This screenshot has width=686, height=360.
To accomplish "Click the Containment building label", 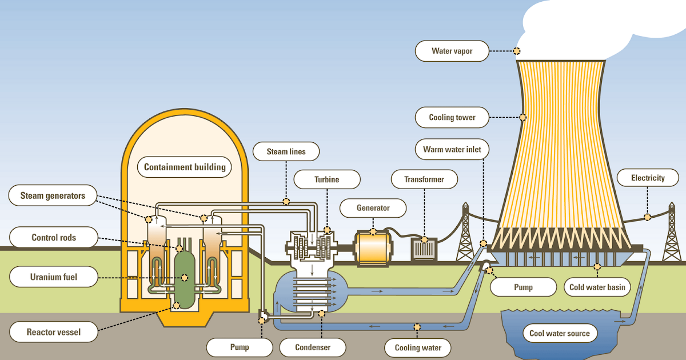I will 184,167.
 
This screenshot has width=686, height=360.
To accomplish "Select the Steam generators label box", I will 53,196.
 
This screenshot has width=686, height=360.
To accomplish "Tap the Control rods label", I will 53,237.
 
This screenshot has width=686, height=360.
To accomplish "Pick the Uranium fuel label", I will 53,278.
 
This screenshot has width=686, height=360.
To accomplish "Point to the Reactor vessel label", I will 53,331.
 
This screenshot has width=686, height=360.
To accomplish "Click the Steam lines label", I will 286,151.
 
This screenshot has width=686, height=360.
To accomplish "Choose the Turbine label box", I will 326,179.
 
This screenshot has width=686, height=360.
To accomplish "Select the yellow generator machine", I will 373,249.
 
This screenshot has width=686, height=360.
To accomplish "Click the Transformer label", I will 424,179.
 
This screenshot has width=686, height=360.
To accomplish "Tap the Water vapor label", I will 452,51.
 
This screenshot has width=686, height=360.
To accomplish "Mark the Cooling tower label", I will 452,118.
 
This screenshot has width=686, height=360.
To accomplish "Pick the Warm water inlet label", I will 452,150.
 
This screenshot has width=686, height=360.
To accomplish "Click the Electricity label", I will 648,178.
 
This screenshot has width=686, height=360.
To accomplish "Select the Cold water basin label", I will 597,287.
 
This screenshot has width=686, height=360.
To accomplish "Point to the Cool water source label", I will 559,333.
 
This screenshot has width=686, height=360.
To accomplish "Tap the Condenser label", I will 313,347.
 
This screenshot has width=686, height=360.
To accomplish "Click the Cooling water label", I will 418,347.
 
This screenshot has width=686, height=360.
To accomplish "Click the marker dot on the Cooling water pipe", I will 417,327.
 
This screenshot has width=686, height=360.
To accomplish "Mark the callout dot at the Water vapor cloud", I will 517,51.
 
